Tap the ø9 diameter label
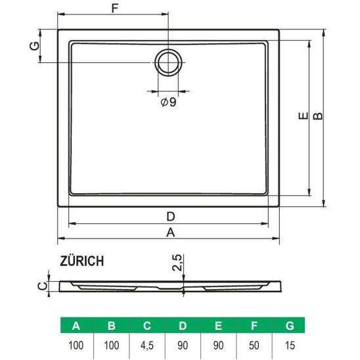(168, 102)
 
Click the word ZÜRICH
(81, 261)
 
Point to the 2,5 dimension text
(177, 262)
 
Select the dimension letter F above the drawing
(114, 9)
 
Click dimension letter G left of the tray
(35, 46)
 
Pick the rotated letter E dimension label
(303, 116)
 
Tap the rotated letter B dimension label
(318, 116)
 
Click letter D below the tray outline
(171, 216)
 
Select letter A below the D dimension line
(171, 233)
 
